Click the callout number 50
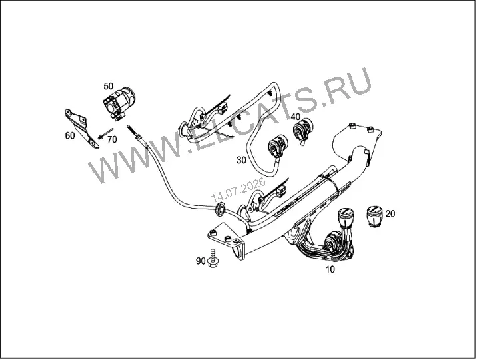point(109,86)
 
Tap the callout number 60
point(70,135)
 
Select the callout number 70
point(112,139)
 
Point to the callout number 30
point(242,160)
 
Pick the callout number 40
point(295,117)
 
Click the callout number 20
point(390,214)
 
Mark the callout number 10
point(330,269)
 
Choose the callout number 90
point(201,261)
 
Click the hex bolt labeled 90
point(213,259)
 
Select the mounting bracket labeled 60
point(81,128)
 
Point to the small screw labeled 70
point(105,134)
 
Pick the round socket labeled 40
point(302,130)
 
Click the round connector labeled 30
point(277,147)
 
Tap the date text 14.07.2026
point(238,189)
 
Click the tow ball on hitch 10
point(346,217)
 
